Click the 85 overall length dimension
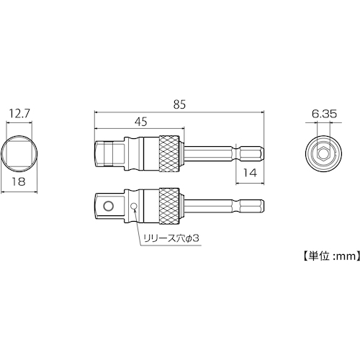click(x=180, y=105)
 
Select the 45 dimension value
click(x=141, y=122)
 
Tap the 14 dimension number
click(x=250, y=173)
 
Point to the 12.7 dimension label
click(x=19, y=114)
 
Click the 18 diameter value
click(x=19, y=181)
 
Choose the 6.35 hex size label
click(x=324, y=114)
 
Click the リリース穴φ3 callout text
click(x=171, y=238)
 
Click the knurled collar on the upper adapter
click(x=169, y=153)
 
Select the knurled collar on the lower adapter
click(x=169, y=206)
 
